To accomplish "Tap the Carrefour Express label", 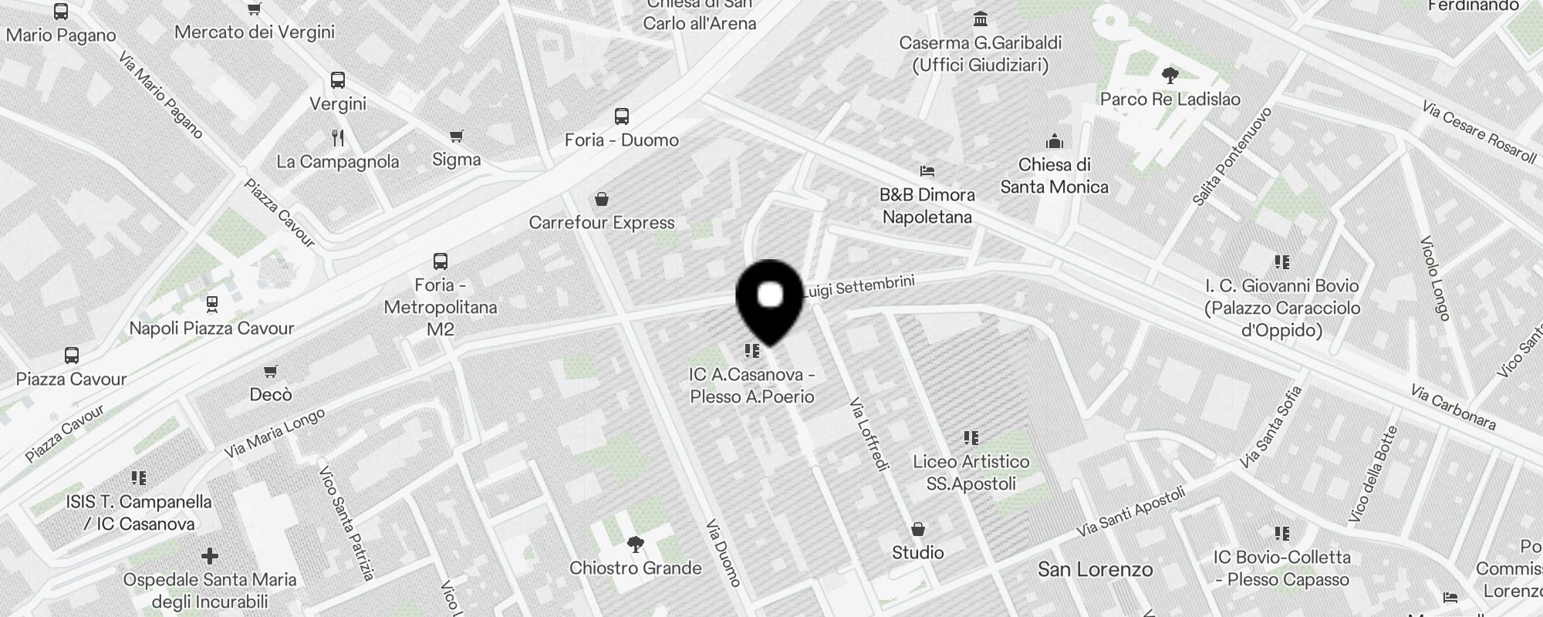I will (x=602, y=223).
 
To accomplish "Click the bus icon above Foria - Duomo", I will (x=622, y=116).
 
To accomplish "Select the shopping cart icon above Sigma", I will (x=457, y=137).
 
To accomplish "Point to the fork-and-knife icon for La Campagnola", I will (x=338, y=138).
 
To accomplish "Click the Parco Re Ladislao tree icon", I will (x=1170, y=76).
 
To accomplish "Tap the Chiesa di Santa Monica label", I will (x=1054, y=176).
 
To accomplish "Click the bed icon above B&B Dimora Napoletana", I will (x=927, y=170).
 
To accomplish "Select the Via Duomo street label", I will (x=724, y=552).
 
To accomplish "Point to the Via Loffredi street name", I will (x=869, y=433).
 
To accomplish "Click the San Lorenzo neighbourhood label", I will (x=1095, y=570).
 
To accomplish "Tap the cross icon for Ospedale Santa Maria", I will (x=209, y=555).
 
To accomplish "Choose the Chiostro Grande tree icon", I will (x=635, y=545).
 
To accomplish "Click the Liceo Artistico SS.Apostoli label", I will (x=971, y=473).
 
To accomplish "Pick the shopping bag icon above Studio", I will (x=918, y=529).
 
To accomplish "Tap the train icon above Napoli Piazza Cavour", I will (x=211, y=305).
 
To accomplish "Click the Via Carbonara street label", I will (x=1453, y=407).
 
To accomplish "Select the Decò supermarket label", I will (x=271, y=395).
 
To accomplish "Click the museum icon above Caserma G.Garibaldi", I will (x=981, y=19).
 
